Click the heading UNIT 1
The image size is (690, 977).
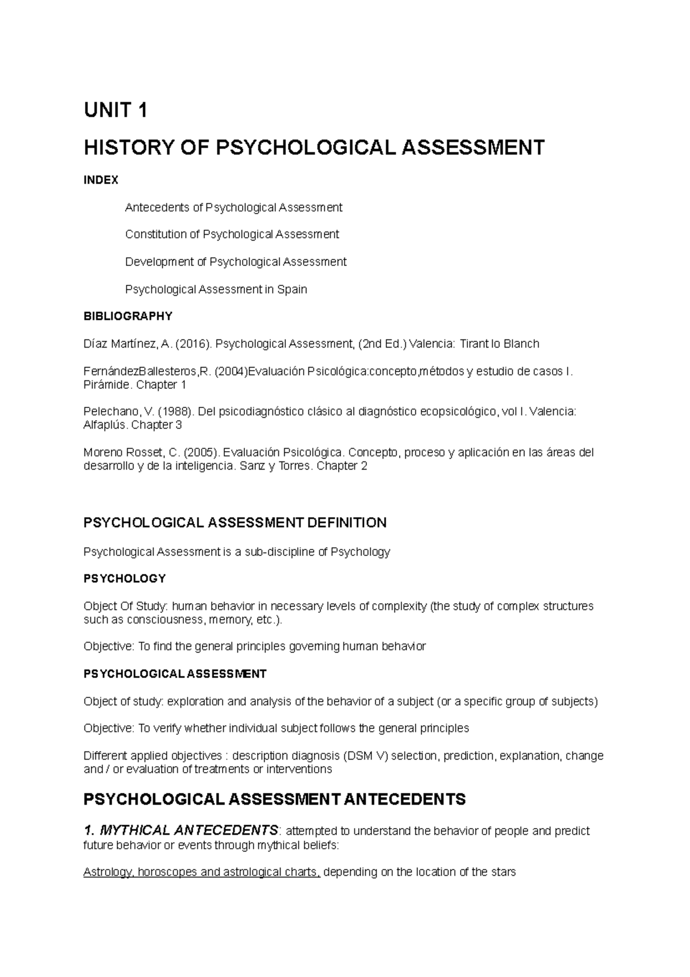point(116,110)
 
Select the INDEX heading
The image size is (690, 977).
point(101,180)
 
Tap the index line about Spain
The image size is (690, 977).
point(216,289)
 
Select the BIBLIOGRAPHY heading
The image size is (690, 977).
point(128,316)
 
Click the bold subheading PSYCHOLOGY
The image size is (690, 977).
point(124,578)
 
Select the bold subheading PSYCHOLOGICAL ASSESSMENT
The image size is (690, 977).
point(175,674)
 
